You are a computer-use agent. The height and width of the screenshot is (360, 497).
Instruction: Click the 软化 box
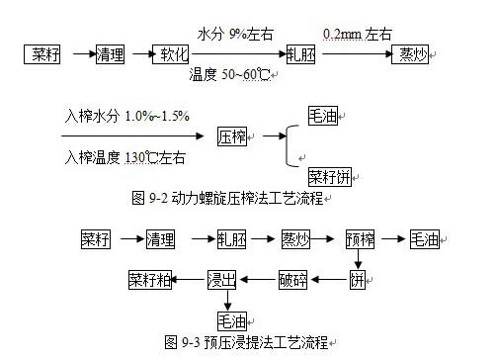[170, 52]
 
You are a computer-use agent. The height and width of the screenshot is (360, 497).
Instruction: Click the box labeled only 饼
[359, 279]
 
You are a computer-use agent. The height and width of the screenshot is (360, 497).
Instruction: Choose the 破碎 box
[293, 279]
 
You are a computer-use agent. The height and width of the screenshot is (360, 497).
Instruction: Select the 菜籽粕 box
[148, 279]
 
